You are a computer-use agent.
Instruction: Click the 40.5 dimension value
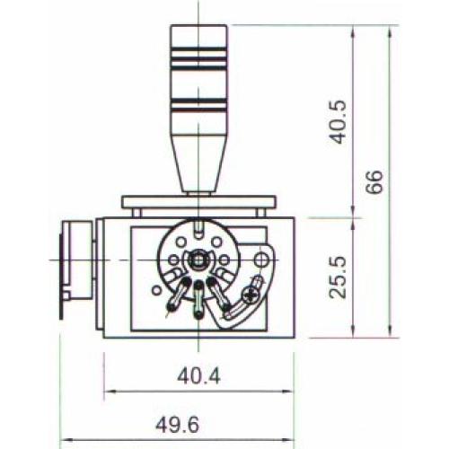coord(337,121)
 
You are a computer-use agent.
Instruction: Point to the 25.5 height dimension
coord(337,277)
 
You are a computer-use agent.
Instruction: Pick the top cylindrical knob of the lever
coord(198,63)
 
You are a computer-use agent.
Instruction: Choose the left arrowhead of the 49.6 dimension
coord(64,442)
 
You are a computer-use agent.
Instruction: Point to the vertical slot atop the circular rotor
coord(197,229)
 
